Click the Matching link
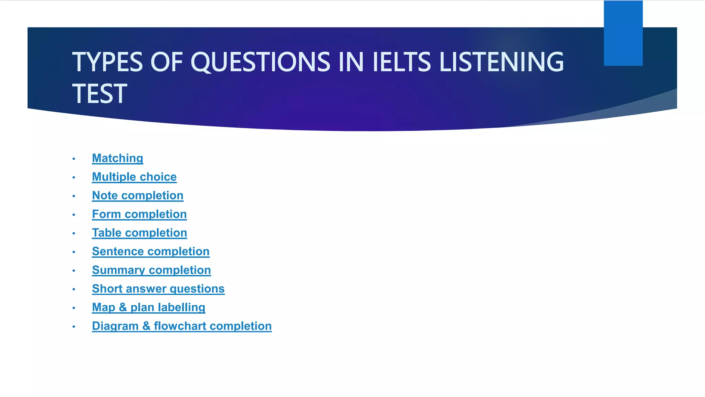click(117, 158)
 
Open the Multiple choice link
click(134, 177)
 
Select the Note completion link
click(138, 195)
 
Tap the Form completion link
click(139, 214)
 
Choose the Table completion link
click(139, 233)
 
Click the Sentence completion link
click(151, 251)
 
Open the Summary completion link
click(151, 270)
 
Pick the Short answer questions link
click(158, 288)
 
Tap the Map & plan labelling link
click(149, 307)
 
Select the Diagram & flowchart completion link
click(182, 326)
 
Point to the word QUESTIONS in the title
click(260, 62)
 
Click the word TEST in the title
click(99, 94)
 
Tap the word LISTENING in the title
click(502, 62)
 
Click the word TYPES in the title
click(107, 62)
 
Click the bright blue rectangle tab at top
click(623, 33)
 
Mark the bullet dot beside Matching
click(74, 159)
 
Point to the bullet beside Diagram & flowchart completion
click(74, 326)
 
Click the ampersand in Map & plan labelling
click(123, 307)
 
